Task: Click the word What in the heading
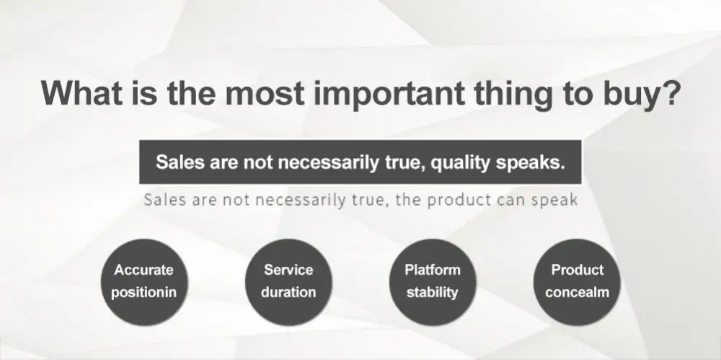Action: (x=82, y=92)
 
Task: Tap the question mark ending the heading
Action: (x=668, y=92)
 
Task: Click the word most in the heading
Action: (x=264, y=93)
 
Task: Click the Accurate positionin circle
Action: (x=144, y=282)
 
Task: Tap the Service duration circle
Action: (x=288, y=282)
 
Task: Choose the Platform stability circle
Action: (x=432, y=282)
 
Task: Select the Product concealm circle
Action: (x=577, y=282)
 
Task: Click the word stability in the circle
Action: (x=432, y=292)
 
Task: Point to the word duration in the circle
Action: (x=288, y=292)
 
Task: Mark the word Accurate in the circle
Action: (x=144, y=270)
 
